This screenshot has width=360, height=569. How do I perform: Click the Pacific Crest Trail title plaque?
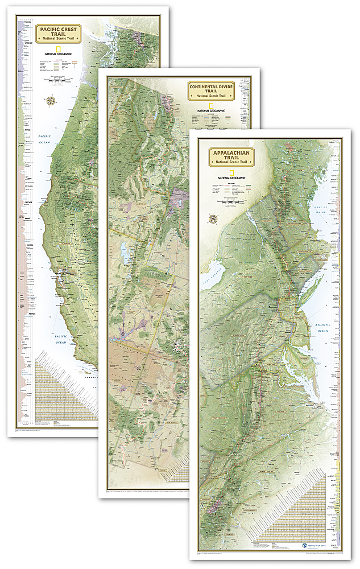(58, 33)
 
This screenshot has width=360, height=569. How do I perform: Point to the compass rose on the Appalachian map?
(213, 219)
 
